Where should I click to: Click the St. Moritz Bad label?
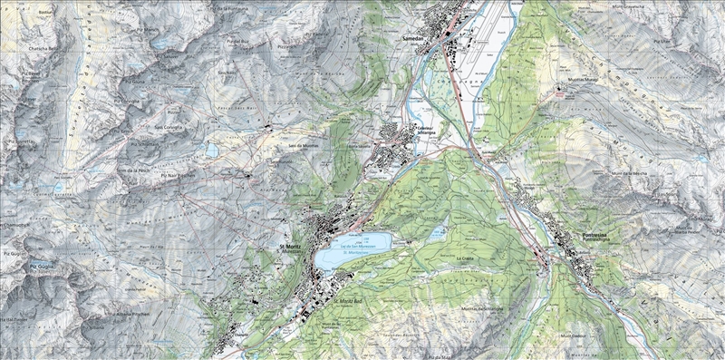coord(348,301)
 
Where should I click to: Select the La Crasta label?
coord(465,259)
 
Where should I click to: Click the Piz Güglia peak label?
coord(42,265)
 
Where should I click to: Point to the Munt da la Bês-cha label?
coord(626,172)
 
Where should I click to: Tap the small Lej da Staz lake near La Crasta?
coord(439,233)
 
